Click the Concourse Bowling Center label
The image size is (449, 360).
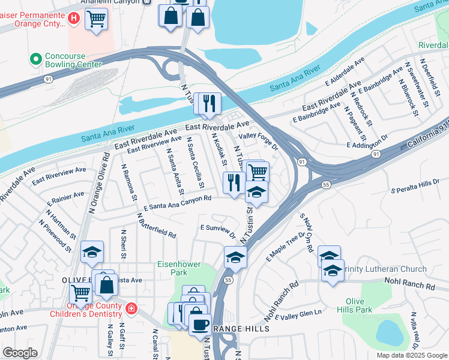(73, 60)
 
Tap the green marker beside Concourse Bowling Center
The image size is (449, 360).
(35, 59)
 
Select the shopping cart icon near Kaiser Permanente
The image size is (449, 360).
(96, 20)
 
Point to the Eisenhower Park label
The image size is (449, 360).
(178, 268)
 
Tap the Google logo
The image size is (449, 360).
(20, 353)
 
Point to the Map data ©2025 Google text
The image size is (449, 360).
(411, 355)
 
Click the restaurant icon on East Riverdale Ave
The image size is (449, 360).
(209, 103)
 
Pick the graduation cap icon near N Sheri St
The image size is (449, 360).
(92, 253)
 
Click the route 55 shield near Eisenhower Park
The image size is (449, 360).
(228, 280)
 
